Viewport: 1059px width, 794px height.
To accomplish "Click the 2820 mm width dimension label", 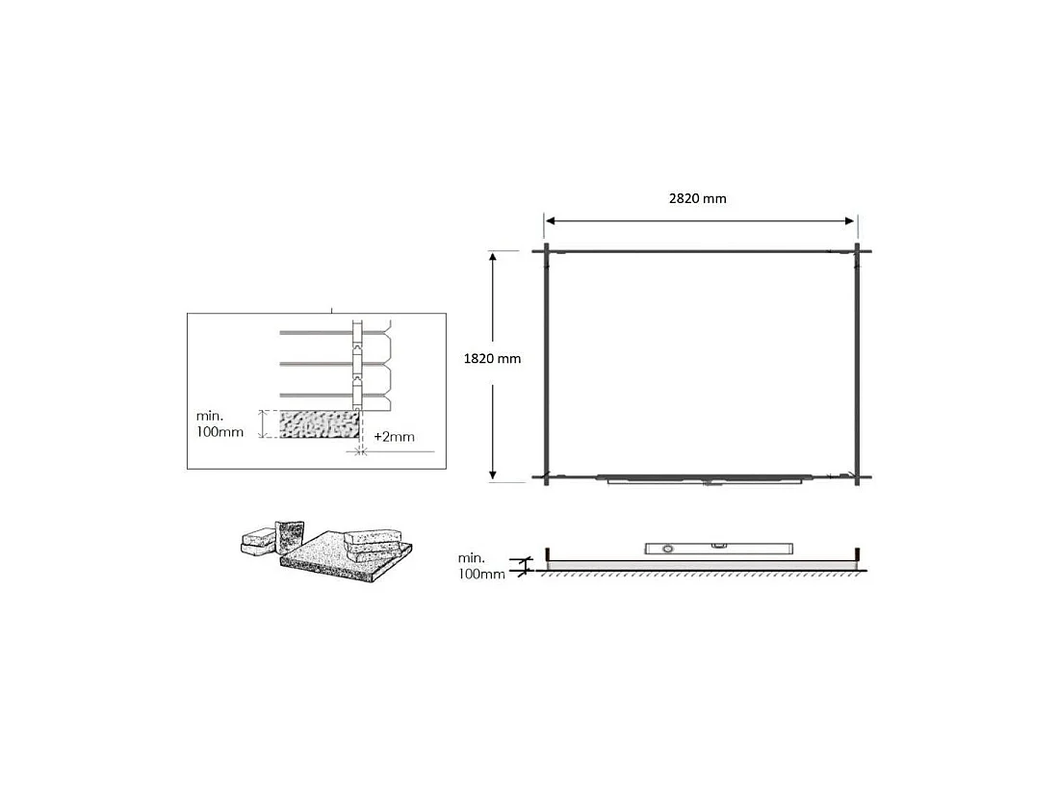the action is coord(698,198).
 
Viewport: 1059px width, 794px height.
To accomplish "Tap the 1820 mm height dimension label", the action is coord(492,359).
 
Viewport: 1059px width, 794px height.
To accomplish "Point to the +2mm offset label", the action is coord(395,437).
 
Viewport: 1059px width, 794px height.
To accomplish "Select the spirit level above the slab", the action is coord(718,549).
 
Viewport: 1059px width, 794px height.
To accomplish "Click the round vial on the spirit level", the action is coord(668,549).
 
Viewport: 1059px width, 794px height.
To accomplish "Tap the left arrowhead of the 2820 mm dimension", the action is coord(550,220).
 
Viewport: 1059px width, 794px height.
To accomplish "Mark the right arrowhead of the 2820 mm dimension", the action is coord(850,220).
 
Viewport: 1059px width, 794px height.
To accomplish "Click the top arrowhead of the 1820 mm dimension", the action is coord(493,257).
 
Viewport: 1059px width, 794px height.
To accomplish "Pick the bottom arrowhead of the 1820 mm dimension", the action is coord(493,474).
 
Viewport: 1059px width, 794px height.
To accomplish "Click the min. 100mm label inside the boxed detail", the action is coord(220,424).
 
